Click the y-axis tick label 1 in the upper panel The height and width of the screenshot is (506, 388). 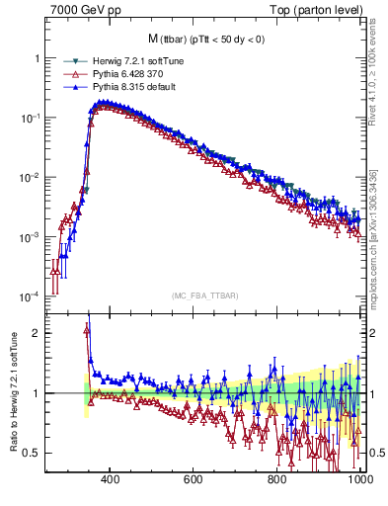click(x=37, y=58)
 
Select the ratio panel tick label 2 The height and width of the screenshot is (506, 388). click(x=37, y=333)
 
